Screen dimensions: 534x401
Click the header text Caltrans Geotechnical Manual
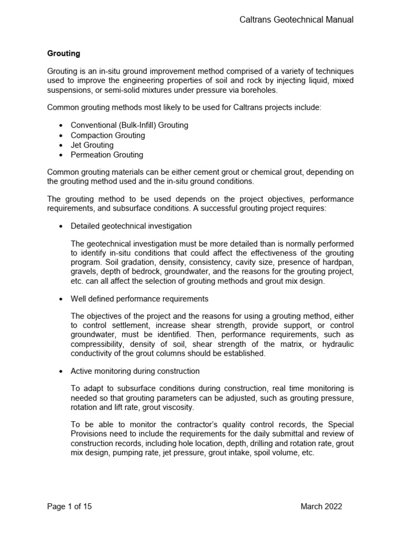pyautogui.click(x=296, y=20)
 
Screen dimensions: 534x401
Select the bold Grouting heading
pyautogui.click(x=63, y=53)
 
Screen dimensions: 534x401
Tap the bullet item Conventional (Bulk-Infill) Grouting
pyautogui.click(x=129, y=125)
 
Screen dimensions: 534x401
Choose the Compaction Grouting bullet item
pyautogui.click(x=108, y=135)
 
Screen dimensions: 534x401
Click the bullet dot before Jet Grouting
pyautogui.click(x=62, y=145)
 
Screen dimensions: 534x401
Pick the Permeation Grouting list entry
pyautogui.click(x=107, y=155)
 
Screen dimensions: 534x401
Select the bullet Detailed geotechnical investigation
pyautogui.click(x=131, y=226)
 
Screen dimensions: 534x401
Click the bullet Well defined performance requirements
pyautogui.click(x=139, y=299)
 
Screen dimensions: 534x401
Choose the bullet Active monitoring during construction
pyautogui.click(x=135, y=371)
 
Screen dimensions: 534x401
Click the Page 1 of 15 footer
pyautogui.click(x=69, y=506)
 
